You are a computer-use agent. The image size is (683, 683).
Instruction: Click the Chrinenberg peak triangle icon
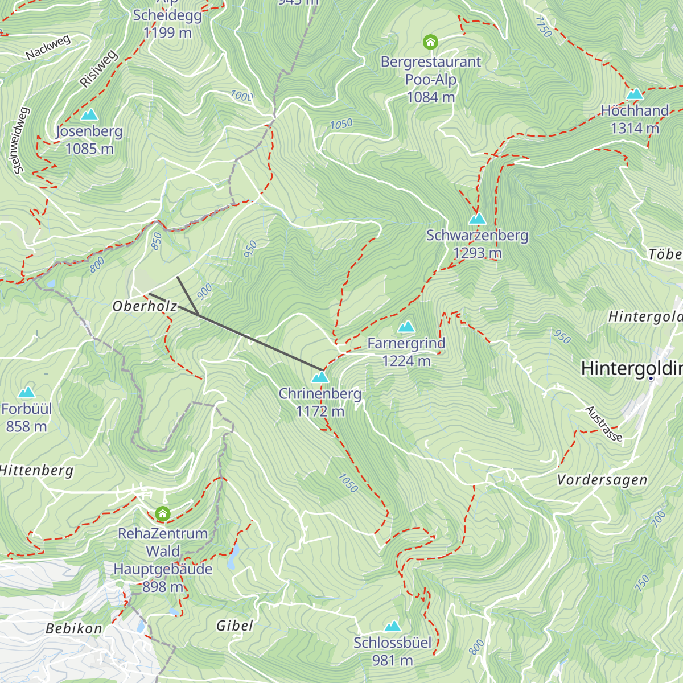pyautogui.click(x=320, y=377)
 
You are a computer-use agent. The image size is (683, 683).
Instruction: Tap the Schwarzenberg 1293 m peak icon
pyautogui.click(x=477, y=219)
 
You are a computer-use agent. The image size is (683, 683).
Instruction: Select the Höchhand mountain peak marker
pyautogui.click(x=635, y=94)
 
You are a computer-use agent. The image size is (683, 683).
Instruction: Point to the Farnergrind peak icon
pyautogui.click(x=406, y=327)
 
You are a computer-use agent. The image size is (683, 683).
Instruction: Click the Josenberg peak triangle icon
pyautogui.click(x=89, y=115)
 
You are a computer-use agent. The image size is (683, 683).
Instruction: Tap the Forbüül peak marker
pyautogui.click(x=26, y=392)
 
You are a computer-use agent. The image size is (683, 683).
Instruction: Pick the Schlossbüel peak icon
pyautogui.click(x=392, y=626)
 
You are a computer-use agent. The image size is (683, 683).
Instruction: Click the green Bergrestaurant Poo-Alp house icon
pyautogui.click(x=430, y=42)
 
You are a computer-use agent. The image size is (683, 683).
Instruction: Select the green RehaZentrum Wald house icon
pyautogui.click(x=163, y=514)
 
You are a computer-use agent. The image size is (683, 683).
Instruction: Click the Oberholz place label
pyautogui.click(x=145, y=306)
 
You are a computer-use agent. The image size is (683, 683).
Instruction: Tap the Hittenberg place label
pyautogui.click(x=36, y=471)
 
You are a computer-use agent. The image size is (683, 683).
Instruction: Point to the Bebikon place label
pyautogui.click(x=74, y=628)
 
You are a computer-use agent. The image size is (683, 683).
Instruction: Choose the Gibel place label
pyautogui.click(x=234, y=626)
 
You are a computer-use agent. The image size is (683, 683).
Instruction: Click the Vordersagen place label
pyautogui.click(x=602, y=480)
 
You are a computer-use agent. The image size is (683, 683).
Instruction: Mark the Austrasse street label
pyautogui.click(x=604, y=424)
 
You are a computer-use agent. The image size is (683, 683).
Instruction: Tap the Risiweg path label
pyautogui.click(x=98, y=69)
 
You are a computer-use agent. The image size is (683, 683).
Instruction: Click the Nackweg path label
pyautogui.click(x=48, y=48)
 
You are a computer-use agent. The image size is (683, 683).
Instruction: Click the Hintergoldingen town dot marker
pyautogui.click(x=651, y=378)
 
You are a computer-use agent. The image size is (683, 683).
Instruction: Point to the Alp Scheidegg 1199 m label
pyautogui.click(x=167, y=23)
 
